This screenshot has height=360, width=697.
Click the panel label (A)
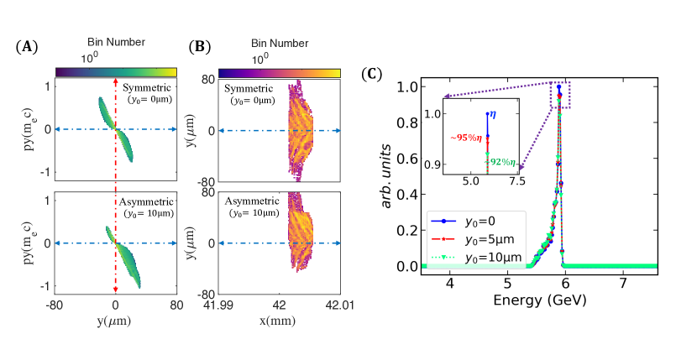(26, 46)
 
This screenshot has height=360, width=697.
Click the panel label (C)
(370, 75)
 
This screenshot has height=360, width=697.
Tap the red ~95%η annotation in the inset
(466, 137)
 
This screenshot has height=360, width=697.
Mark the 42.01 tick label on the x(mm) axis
(339, 305)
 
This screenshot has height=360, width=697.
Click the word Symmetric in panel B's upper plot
(251, 87)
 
